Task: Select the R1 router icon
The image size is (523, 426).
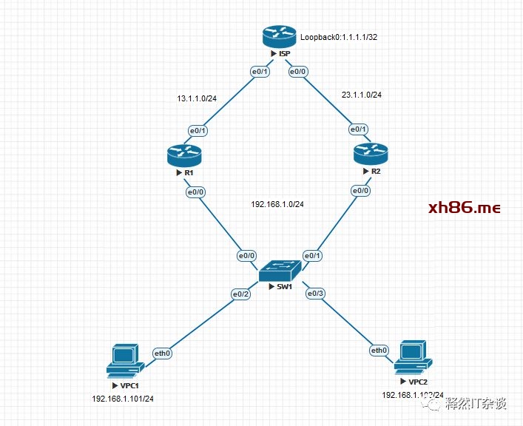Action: [184, 155]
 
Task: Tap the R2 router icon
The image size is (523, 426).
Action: [371, 155]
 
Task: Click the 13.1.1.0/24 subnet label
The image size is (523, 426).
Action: [197, 98]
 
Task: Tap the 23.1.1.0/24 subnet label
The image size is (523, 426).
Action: [361, 95]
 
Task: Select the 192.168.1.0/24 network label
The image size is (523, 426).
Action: [278, 204]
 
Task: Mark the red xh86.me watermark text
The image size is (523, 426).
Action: [465, 208]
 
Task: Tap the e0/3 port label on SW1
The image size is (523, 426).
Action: [316, 294]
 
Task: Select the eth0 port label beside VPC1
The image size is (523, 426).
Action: [162, 353]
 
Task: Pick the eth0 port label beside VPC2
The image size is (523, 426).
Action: [379, 350]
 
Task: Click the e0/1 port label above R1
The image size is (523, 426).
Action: [198, 131]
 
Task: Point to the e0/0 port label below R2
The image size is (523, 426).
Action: [360, 191]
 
